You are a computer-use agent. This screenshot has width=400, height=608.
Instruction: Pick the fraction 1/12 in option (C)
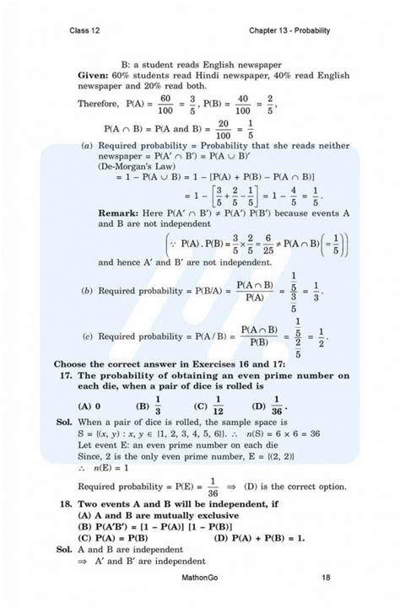click(x=216, y=405)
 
